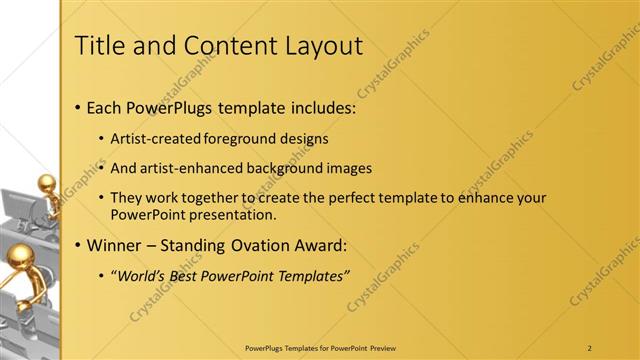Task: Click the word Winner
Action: (115, 245)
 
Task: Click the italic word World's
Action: (141, 275)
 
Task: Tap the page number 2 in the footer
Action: (590, 347)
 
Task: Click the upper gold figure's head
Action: (46, 183)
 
